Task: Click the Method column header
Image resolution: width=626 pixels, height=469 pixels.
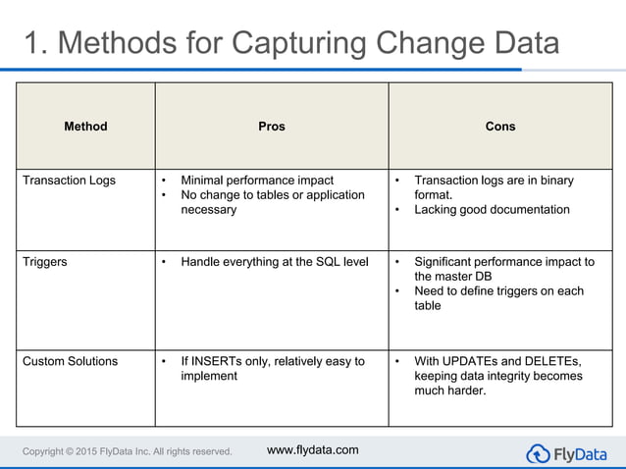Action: coord(85,127)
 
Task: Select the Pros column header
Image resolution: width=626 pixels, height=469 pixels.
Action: coord(272,127)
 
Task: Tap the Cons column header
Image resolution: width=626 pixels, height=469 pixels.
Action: coord(500,127)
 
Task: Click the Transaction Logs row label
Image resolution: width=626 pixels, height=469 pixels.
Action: coord(69,181)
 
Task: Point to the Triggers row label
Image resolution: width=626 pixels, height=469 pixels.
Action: coord(45,262)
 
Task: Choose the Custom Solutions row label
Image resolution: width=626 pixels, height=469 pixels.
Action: coord(70,361)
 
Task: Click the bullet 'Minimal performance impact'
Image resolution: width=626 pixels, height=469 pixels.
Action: coord(257,181)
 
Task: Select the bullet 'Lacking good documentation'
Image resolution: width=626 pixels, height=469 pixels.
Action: coord(492,209)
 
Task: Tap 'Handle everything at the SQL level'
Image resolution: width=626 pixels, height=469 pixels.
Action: coord(275,262)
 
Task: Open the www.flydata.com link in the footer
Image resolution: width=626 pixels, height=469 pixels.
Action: coord(313,450)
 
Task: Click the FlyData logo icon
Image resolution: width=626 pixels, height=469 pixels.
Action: coord(539,453)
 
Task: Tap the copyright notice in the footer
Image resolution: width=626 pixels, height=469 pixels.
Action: coord(128,451)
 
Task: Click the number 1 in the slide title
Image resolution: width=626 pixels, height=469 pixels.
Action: coord(33,43)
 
